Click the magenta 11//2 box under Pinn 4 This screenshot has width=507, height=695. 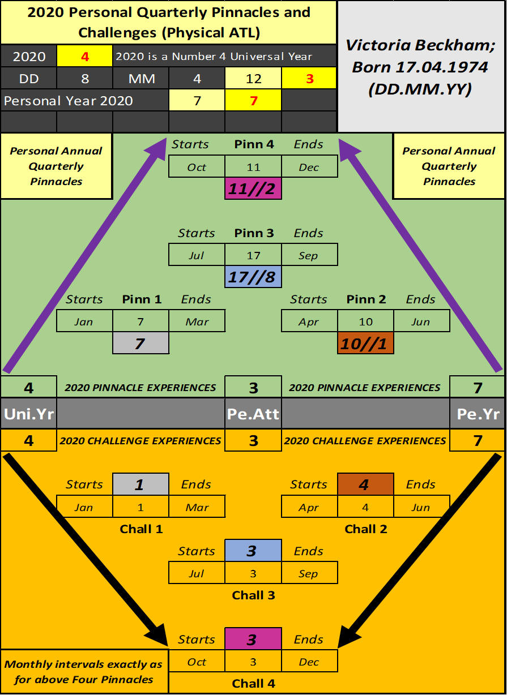[x=253, y=188]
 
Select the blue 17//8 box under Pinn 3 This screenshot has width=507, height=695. [x=253, y=277]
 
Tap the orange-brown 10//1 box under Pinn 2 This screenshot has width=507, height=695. [x=365, y=343]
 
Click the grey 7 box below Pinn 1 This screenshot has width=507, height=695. [x=140, y=343]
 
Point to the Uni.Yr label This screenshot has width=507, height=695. [x=28, y=414]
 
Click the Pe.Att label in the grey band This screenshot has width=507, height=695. [x=253, y=414]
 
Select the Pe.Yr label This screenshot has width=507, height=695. [x=478, y=414]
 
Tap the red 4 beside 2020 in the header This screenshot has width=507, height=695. [x=85, y=57]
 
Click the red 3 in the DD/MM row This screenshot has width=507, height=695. [x=309, y=79]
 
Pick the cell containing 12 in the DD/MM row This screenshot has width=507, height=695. [x=253, y=79]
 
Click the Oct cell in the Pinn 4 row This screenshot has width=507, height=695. [x=197, y=166]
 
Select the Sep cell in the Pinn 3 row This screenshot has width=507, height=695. [x=309, y=255]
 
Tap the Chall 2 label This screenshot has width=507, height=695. [x=366, y=529]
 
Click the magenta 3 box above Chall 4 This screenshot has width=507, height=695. [x=253, y=639]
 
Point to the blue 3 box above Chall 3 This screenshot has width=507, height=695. [x=253, y=551]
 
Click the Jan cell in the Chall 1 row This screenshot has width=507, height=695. [x=84, y=507]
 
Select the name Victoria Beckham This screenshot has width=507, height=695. [x=421, y=45]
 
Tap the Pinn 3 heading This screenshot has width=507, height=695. [x=254, y=233]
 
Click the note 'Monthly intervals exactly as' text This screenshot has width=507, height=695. [x=83, y=664]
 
